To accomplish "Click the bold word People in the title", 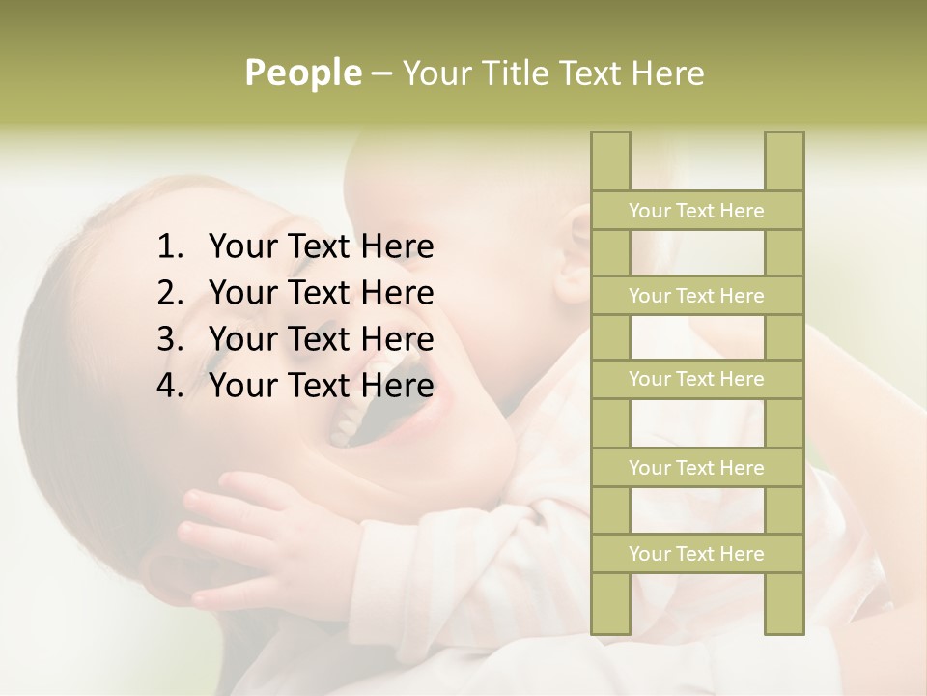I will tap(303, 72).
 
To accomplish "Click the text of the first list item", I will tap(321, 247).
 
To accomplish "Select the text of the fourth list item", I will tap(321, 386).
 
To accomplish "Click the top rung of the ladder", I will tap(696, 211).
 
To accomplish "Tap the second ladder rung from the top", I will tap(696, 296).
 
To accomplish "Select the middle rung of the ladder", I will tap(696, 379).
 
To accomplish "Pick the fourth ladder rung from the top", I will tap(696, 468).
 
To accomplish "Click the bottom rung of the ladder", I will tap(696, 554).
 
